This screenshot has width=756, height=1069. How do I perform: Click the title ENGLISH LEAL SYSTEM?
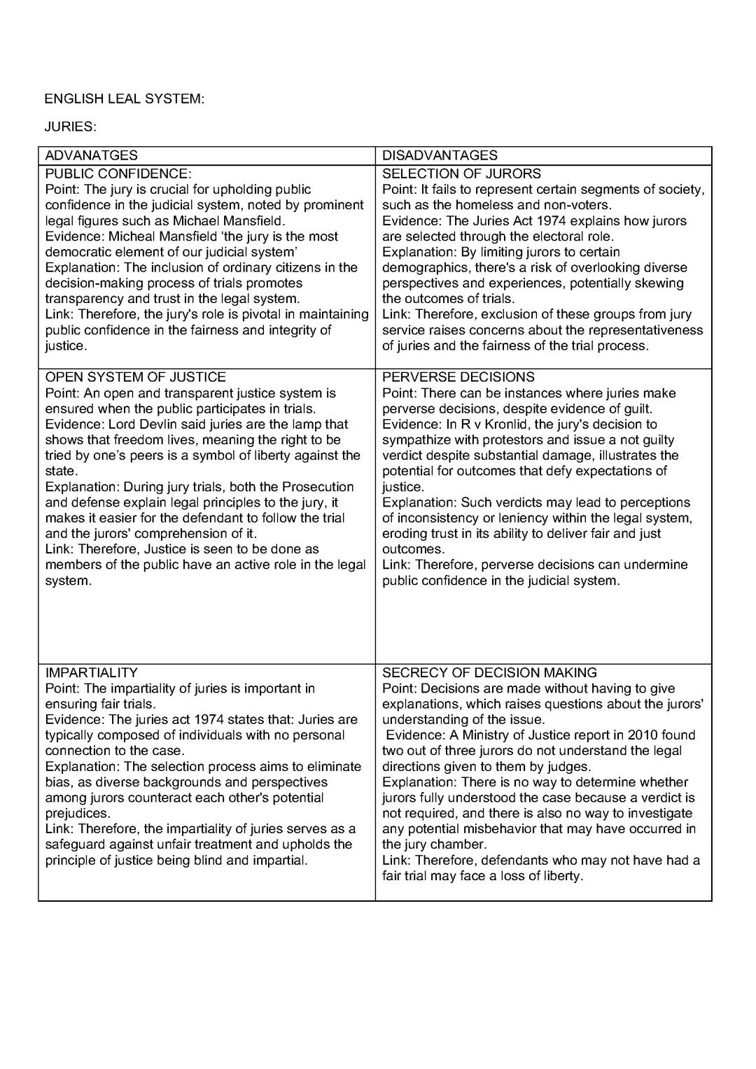click(124, 99)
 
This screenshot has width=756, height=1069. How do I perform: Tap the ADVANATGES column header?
click(92, 155)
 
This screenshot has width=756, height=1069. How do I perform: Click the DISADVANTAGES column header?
click(440, 155)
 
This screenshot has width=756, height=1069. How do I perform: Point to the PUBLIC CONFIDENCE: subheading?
click(118, 174)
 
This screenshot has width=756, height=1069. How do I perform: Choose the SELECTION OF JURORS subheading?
click(461, 174)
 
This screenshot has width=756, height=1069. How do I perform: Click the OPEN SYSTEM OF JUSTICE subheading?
click(135, 377)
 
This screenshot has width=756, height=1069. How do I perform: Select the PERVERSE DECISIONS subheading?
click(458, 377)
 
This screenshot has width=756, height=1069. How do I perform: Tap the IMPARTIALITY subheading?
click(92, 672)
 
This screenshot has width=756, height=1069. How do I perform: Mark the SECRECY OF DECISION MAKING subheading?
click(489, 672)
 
